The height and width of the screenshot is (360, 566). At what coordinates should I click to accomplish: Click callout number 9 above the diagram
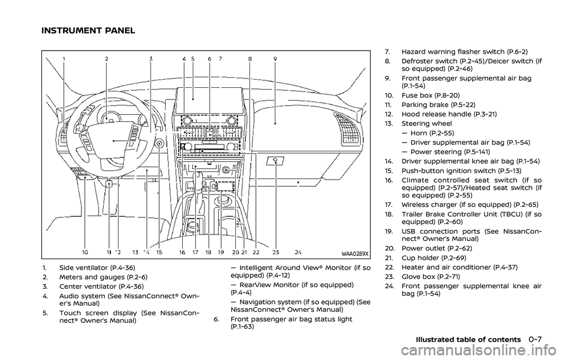click(x=275, y=59)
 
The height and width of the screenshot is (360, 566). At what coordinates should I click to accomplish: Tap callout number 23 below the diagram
click(x=275, y=252)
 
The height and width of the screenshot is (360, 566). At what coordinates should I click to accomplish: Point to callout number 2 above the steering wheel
click(x=107, y=59)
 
